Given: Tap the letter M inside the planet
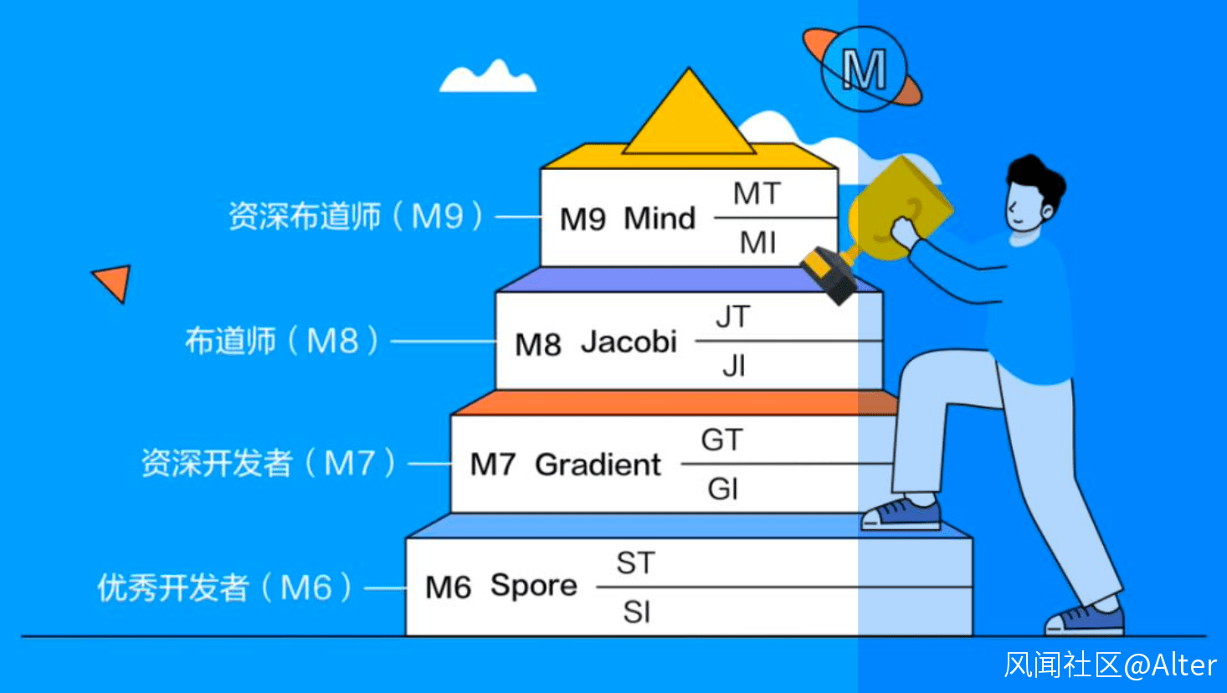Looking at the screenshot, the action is click(x=864, y=69).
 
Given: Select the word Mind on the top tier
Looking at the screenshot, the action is click(x=660, y=218).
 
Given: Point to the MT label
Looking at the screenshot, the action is click(x=757, y=193).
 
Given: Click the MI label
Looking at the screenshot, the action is click(x=758, y=242).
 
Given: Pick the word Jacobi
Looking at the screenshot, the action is click(x=629, y=341).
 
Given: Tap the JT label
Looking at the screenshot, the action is click(x=733, y=316).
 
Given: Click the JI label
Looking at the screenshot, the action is click(x=734, y=366).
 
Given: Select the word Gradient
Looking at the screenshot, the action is click(x=598, y=465).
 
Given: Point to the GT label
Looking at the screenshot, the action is click(x=722, y=440).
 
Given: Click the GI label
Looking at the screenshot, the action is click(x=723, y=489).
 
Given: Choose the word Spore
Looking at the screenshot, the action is click(x=534, y=586).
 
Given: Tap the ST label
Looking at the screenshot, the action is click(x=636, y=562).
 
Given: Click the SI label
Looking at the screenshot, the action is click(x=636, y=612).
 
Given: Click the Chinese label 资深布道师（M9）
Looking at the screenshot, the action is click(x=356, y=216).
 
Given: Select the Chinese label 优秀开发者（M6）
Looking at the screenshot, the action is click(x=224, y=588).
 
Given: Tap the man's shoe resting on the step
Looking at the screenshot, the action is click(x=901, y=514).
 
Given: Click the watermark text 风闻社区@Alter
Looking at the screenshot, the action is click(x=1111, y=665).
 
